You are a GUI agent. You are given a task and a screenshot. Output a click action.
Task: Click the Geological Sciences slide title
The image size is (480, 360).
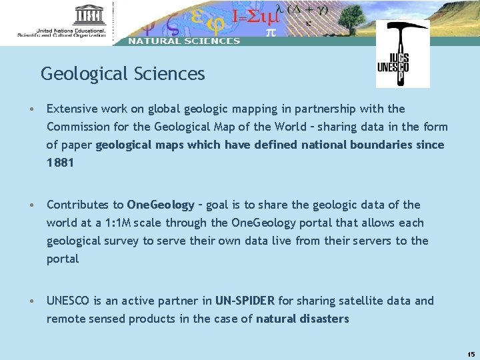123,73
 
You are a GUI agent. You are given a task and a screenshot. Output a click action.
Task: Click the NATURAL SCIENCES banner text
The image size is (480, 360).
184,41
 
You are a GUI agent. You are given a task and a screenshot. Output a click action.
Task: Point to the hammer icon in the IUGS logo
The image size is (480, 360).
403,33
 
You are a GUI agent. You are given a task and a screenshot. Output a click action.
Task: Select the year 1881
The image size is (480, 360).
60,163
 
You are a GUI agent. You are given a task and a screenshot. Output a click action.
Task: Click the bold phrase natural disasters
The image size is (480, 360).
302,319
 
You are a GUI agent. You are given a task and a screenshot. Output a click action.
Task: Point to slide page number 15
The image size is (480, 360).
471,354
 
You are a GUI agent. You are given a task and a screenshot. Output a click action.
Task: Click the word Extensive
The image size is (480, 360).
71,109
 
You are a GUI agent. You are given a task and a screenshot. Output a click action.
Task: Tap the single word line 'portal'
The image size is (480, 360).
63,259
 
